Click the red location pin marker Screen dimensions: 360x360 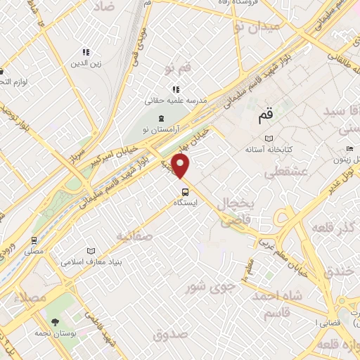coord(181,165)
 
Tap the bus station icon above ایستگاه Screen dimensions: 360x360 coord(185,191)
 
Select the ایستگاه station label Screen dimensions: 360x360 coord(186,202)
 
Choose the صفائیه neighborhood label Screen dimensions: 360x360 coord(134,236)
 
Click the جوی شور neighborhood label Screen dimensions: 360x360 coord(205,287)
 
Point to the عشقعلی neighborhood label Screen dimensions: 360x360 coord(279,172)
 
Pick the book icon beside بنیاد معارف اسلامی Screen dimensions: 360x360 coord(91,251)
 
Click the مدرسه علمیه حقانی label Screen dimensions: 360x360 coord(176,100)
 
